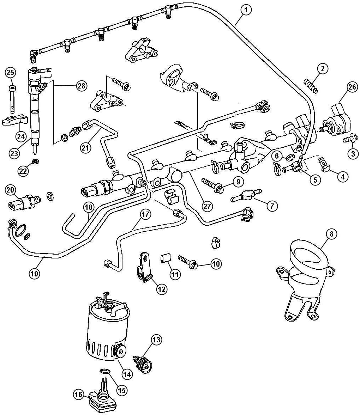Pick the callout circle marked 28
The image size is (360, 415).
click(82, 86)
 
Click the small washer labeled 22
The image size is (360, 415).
click(35, 161)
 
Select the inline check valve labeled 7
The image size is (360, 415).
click(246, 196)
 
